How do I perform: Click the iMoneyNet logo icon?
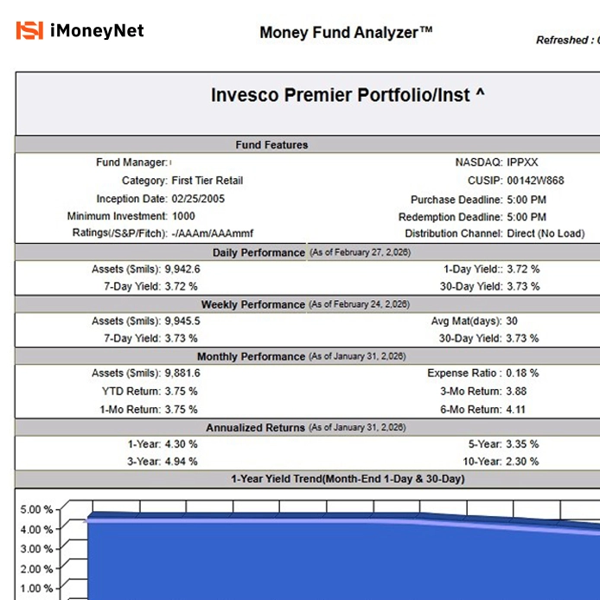pyautogui.click(x=29, y=32)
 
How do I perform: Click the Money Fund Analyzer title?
pyautogui.click(x=346, y=33)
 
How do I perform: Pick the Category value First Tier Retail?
pyautogui.click(x=207, y=181)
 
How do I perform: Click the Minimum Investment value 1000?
pyautogui.click(x=183, y=216)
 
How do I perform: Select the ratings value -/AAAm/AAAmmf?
pyautogui.click(x=212, y=233)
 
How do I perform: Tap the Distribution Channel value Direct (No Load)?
pyautogui.click(x=546, y=233)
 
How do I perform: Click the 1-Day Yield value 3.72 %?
pyautogui.click(x=524, y=270)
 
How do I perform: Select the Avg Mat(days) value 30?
pyautogui.click(x=513, y=322)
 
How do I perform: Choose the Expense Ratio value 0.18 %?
pyautogui.click(x=522, y=373)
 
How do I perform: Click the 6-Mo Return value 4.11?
pyautogui.click(x=516, y=410)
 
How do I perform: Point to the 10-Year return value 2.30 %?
pyautogui.click(x=524, y=462)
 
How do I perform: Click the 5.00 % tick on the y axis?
pyautogui.click(x=36, y=509)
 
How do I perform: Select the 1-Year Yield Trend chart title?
pyautogui.click(x=347, y=479)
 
